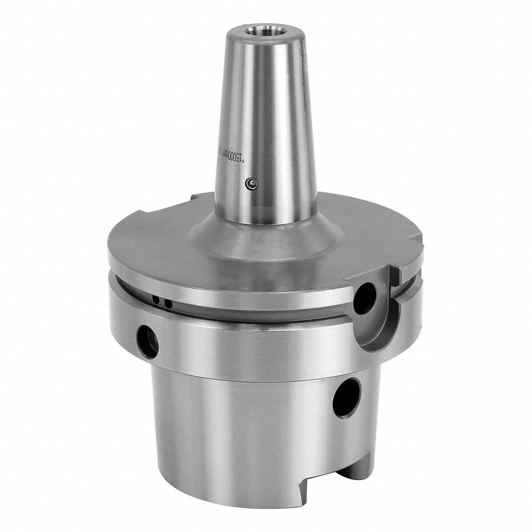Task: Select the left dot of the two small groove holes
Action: [158, 301]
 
